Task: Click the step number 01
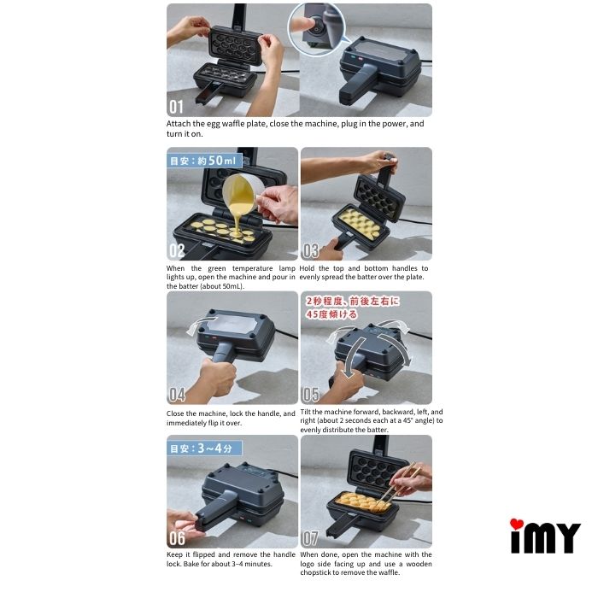pos(176,107)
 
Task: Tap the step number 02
pos(177,250)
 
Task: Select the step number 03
pos(310,250)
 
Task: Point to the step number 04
pos(177,395)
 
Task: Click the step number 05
pos(310,395)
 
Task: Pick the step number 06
pos(177,538)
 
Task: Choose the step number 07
pos(310,538)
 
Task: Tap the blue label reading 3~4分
pos(214,448)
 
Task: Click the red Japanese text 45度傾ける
pos(331,314)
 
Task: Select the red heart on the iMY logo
pos(517,524)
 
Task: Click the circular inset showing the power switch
pos(316,30)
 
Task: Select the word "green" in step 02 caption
pos(217,268)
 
